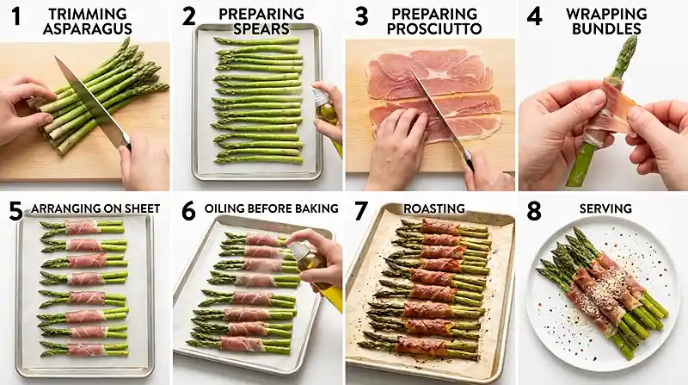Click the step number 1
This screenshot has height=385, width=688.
click(x=15, y=17)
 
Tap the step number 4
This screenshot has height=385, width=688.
click(x=534, y=17)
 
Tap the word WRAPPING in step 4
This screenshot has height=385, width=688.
click(x=605, y=14)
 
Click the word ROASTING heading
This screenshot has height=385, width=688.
click(x=434, y=208)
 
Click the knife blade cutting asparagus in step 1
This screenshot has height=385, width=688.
click(x=89, y=99)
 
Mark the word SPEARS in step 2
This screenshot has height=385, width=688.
click(x=261, y=29)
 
